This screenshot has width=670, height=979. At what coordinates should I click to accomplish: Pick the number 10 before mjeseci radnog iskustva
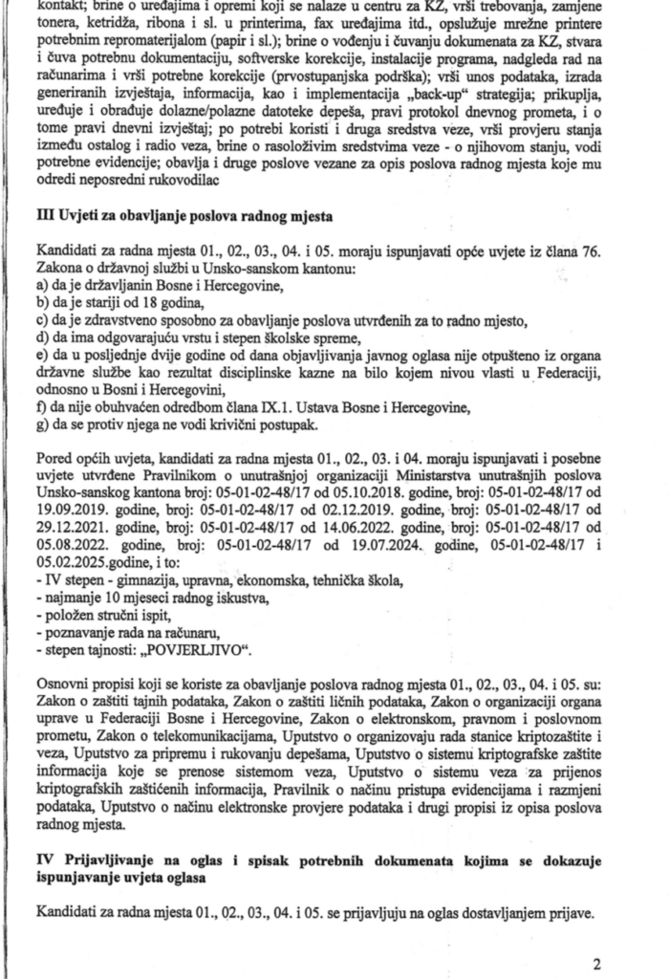108,599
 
